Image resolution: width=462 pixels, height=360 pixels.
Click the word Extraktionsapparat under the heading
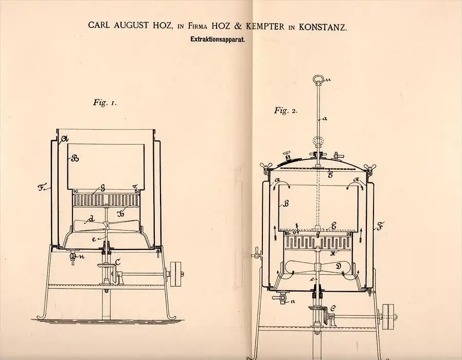218,40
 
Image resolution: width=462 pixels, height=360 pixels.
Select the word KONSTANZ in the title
323,27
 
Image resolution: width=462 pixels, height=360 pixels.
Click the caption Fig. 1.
104,102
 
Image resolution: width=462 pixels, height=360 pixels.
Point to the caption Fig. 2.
286,111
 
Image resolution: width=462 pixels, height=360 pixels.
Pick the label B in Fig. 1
75,158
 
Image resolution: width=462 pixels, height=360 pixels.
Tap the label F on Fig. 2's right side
380,227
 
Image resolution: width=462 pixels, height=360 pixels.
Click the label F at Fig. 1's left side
41,187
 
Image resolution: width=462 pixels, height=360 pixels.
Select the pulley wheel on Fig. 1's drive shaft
176,274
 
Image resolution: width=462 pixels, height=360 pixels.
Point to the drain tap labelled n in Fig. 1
73,258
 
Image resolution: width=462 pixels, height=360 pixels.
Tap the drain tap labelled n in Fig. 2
280,298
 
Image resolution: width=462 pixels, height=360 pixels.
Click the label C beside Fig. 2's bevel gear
333,309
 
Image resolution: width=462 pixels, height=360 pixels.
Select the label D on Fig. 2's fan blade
339,266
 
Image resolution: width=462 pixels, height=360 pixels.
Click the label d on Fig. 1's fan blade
92,219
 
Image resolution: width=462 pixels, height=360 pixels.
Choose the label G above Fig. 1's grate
102,188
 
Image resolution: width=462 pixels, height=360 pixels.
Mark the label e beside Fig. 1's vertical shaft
94,239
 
